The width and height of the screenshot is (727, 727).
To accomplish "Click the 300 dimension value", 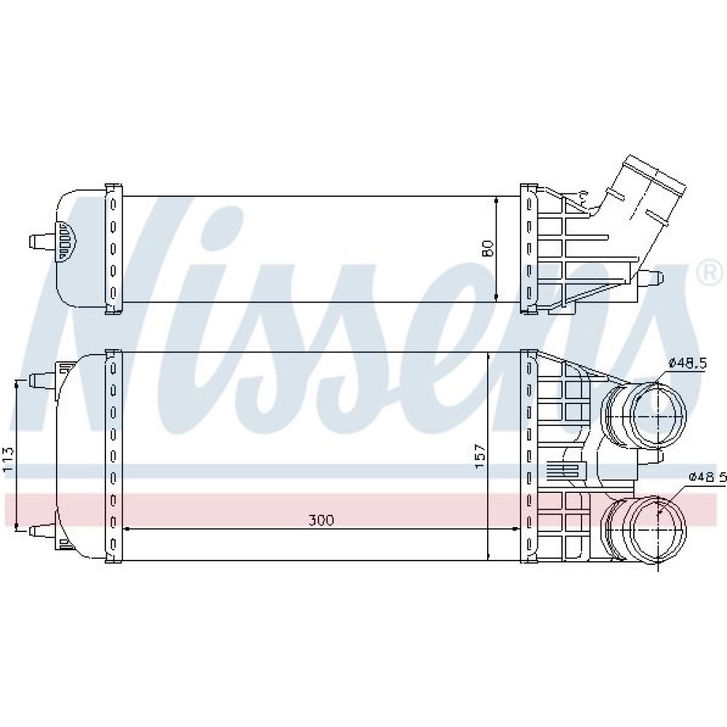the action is pyautogui.click(x=321, y=521).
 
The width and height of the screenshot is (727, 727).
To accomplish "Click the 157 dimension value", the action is pyautogui.click(x=479, y=457).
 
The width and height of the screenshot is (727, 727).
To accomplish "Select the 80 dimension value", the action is pyautogui.click(x=487, y=249).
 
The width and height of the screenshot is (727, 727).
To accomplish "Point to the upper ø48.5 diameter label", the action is pyautogui.click(x=687, y=363).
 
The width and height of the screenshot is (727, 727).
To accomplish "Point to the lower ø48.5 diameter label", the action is pyautogui.click(x=707, y=477).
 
